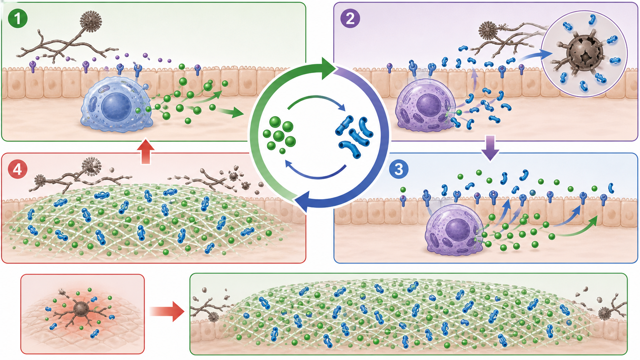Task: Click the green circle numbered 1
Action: (x=18, y=19)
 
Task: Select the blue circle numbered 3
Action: (x=399, y=169)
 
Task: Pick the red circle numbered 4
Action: (x=18, y=169)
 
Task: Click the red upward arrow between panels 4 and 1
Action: (x=146, y=151)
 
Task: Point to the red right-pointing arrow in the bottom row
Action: (x=167, y=311)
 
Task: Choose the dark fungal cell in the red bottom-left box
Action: (x=81, y=310)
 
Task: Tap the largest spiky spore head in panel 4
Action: (x=91, y=166)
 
